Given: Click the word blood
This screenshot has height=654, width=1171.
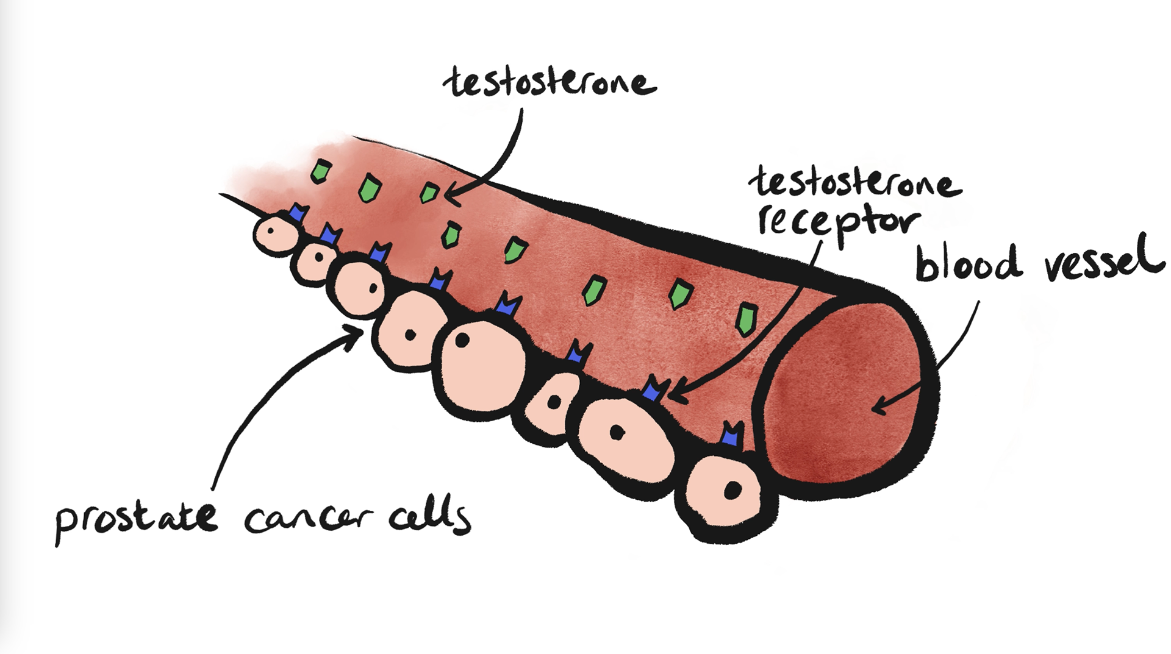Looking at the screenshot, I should coord(968,262).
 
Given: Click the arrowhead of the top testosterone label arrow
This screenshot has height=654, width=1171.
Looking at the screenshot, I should coord(450,196).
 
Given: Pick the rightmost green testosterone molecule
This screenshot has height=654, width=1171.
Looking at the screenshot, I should coord(746,319).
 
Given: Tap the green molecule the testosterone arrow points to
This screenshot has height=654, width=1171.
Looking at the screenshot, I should coord(429,193).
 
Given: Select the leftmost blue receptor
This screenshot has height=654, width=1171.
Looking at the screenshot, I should coord(298,213).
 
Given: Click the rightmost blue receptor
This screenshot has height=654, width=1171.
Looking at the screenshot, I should coord(731,433).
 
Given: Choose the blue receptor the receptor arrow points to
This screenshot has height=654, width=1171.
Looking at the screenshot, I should coord(654,388).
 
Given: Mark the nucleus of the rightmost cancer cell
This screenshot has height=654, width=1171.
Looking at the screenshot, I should coord(732,490).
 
